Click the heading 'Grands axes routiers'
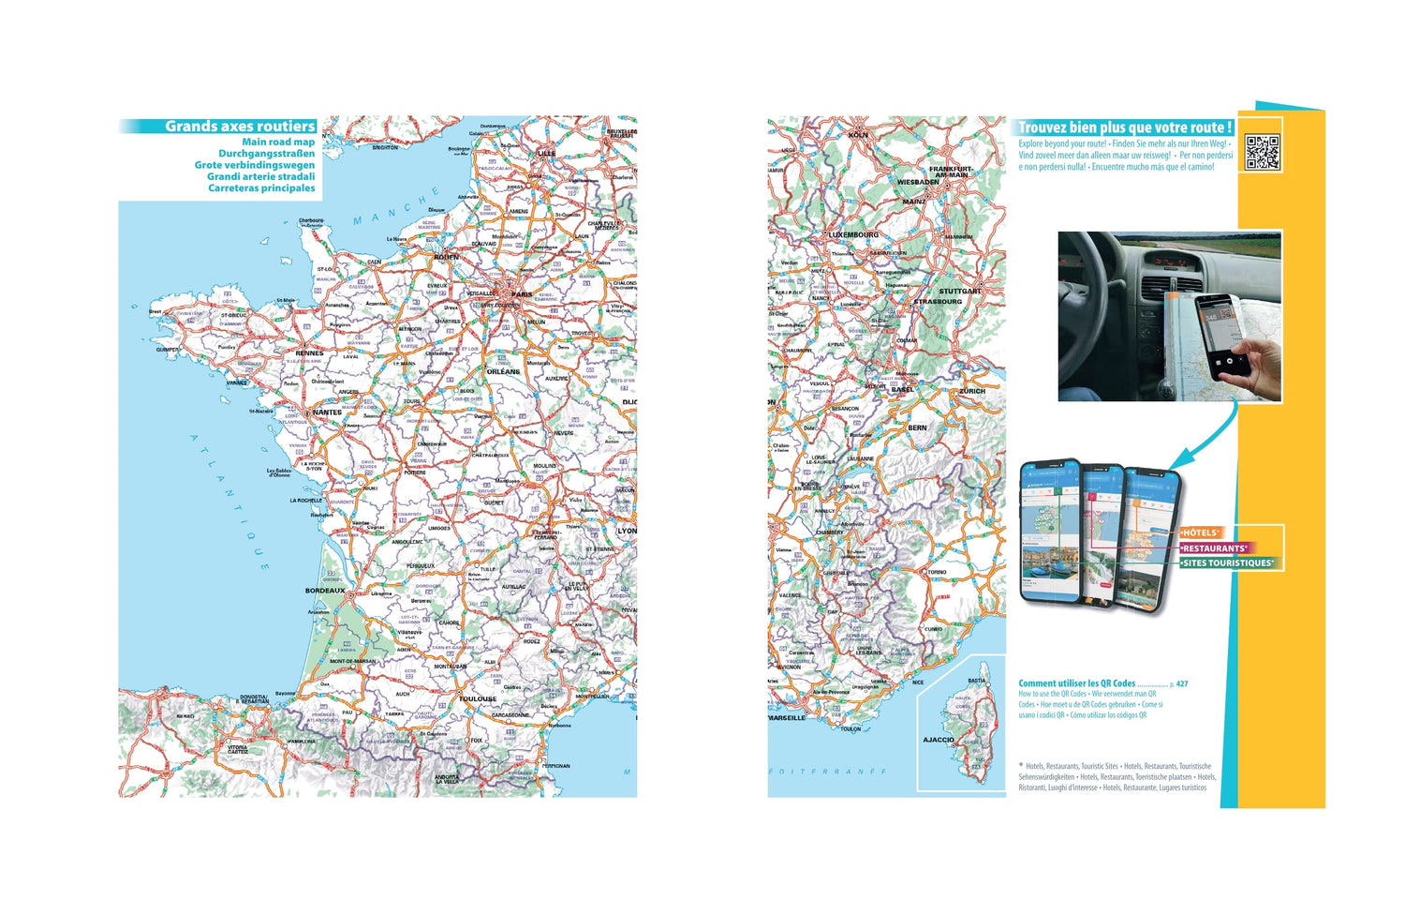point(240,127)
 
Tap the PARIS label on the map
point(522,294)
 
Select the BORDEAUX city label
point(325,591)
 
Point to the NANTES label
point(327,412)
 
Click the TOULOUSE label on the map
point(478,698)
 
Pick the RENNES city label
point(309,353)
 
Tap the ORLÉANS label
point(503,372)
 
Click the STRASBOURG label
point(938,302)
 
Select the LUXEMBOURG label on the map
point(853,234)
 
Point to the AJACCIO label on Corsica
point(938,740)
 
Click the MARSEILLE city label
point(787,718)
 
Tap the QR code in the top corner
point(1262,152)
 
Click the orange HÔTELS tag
point(1200,532)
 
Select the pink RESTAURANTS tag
point(1214,548)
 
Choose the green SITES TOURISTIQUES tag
point(1227,563)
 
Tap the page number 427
point(1182,684)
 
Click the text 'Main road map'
point(278,142)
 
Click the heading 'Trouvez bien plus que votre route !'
point(1125,127)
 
